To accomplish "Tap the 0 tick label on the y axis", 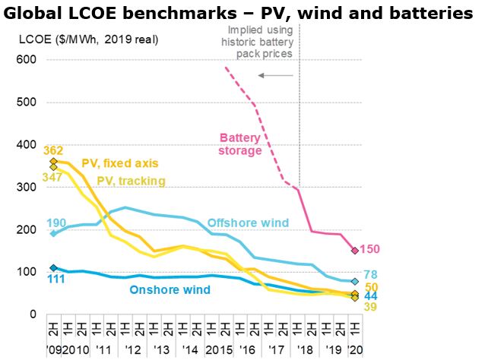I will pos(33,314).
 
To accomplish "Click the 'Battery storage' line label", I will pos(240,144).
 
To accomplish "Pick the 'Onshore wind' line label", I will pos(170,289).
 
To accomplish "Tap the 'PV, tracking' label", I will pos(131,180).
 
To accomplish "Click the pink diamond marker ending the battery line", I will pos(355,250).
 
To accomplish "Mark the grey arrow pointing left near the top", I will pos(274,75).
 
